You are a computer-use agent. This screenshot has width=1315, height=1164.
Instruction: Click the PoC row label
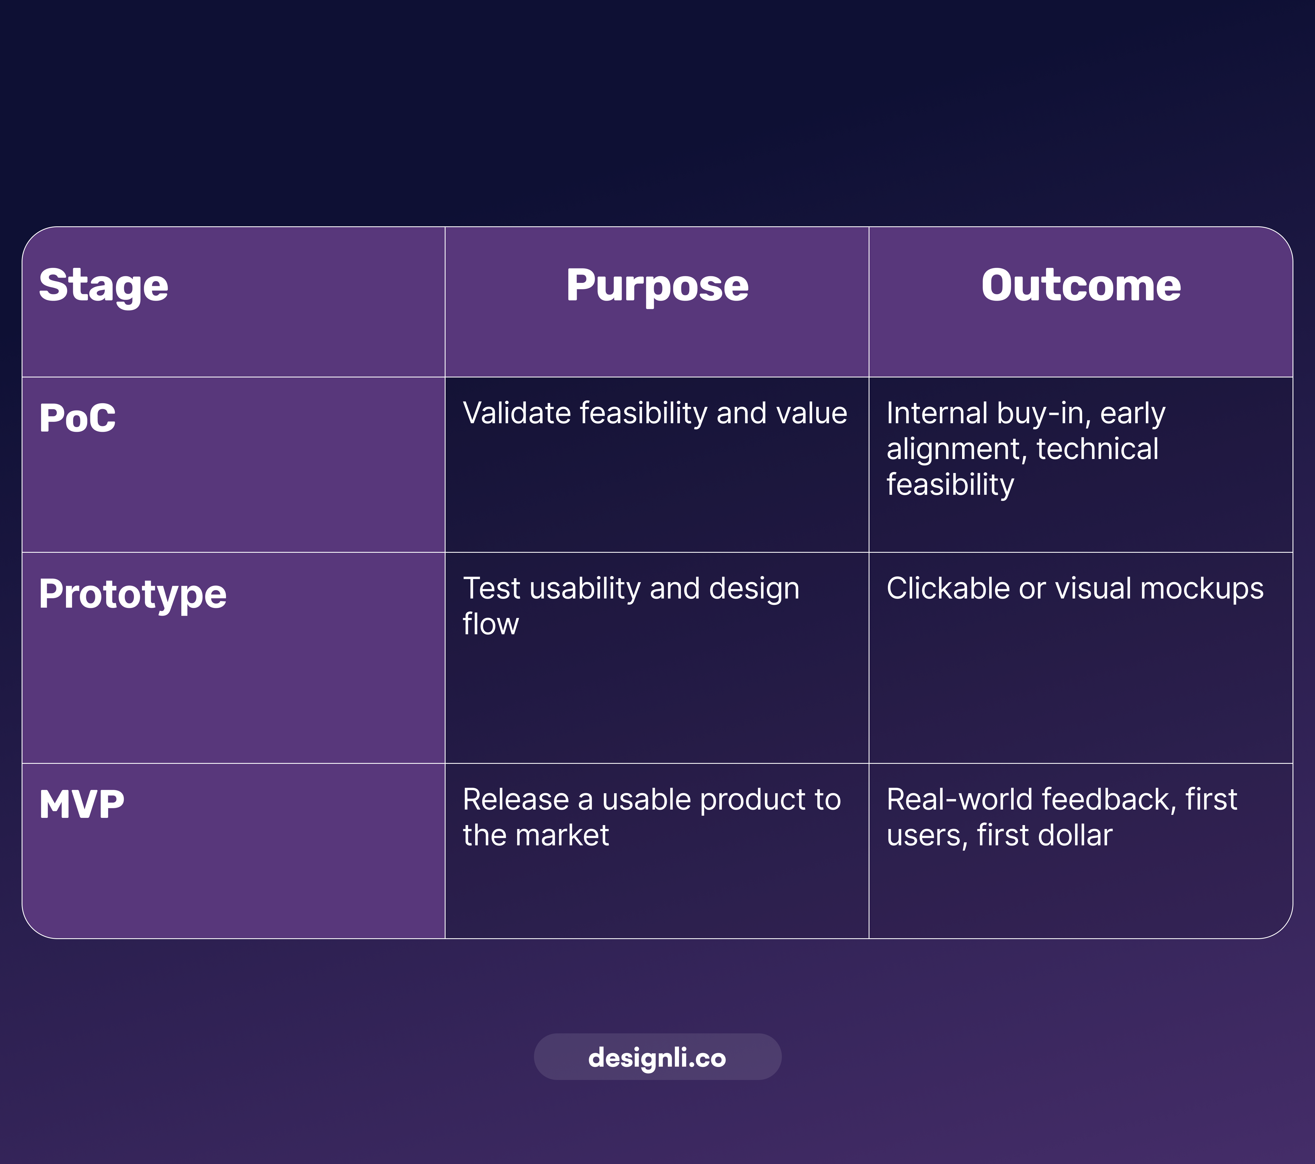coord(77,418)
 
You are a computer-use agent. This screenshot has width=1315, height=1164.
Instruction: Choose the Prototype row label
coord(133,594)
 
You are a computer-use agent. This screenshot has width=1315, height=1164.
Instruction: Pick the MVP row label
coord(82,804)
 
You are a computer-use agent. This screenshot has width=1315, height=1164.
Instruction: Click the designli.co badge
coord(657,1057)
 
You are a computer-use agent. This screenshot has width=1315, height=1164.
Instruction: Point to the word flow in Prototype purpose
coord(490,624)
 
